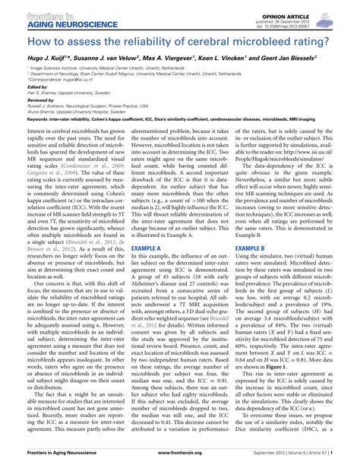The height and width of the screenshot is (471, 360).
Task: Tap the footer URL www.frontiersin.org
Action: coord(180,463)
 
